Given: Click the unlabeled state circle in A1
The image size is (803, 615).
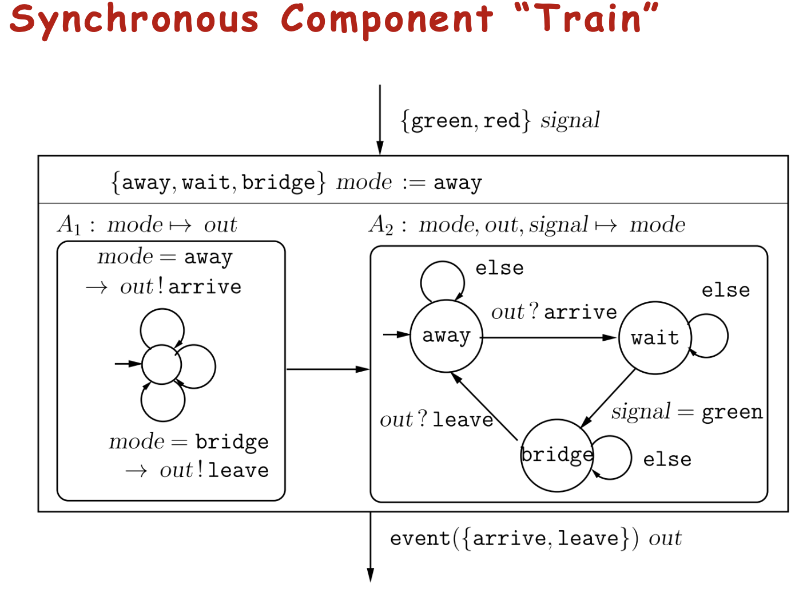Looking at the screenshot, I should click(162, 364).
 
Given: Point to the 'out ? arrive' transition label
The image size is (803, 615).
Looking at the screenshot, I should click(554, 312).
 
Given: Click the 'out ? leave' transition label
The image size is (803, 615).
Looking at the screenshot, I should click(436, 420).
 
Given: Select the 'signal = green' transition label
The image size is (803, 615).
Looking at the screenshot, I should click(686, 412).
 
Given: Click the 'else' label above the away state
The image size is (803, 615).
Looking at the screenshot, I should click(499, 268).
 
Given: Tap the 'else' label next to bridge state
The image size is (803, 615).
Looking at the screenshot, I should click(667, 459).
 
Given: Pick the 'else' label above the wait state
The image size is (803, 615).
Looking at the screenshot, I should click(725, 290).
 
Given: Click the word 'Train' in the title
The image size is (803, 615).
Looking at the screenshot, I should click(586, 18).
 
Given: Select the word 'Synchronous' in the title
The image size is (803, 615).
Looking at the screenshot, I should click(134, 19).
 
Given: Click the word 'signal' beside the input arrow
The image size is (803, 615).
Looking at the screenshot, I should click(570, 120).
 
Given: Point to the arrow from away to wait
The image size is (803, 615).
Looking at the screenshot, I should click(549, 338).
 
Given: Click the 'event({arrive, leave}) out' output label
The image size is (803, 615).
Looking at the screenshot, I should click(535, 538).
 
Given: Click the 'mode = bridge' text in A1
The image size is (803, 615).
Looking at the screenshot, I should click(188, 441).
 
